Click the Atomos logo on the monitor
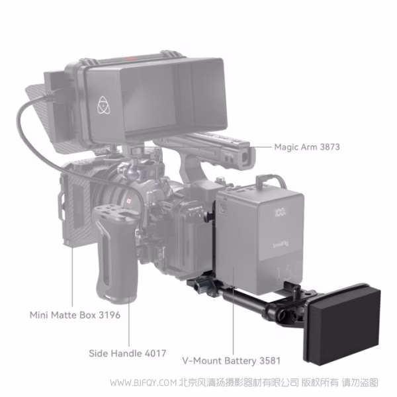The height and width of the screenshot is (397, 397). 103,104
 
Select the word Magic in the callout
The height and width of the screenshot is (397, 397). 287,146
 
